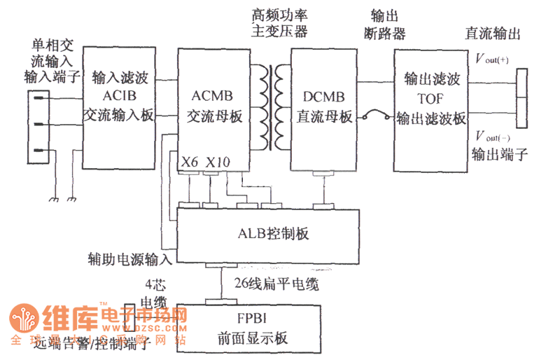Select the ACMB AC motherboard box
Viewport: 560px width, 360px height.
tap(213, 105)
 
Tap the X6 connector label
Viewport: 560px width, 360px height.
tap(189, 162)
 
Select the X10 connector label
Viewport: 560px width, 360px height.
tap(218, 162)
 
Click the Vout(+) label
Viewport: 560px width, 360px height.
tap(491, 59)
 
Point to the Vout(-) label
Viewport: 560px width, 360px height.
tap(492, 136)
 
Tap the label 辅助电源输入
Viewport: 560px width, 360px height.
tap(129, 260)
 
